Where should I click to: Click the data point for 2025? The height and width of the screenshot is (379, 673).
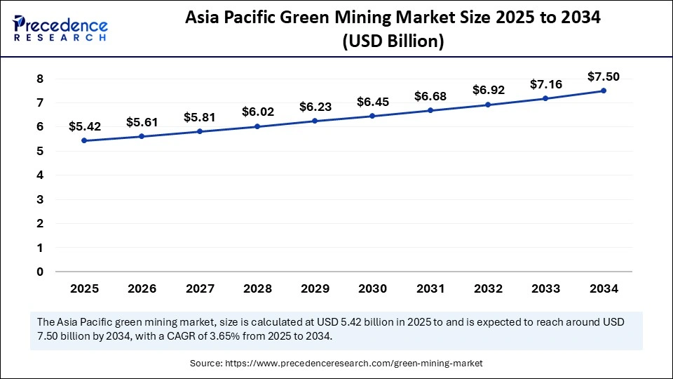pos(85,140)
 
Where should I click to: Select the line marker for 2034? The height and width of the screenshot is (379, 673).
pos(604,91)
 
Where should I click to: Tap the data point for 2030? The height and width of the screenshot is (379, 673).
pos(373,116)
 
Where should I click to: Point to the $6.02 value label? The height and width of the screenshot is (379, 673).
pos(257,112)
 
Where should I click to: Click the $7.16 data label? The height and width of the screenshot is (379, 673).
pos(546,84)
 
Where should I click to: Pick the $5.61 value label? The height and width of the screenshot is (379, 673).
pos(142,122)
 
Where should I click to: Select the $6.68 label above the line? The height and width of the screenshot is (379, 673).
pos(430,95)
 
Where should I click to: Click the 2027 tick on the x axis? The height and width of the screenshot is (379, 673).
pos(200,288)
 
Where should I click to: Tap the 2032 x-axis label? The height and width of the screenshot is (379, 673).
pos(488,288)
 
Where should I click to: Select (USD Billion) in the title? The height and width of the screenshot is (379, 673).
pos(393,42)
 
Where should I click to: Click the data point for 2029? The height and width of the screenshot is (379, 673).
pos(315,121)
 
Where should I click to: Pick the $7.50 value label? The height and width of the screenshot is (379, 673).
pos(604,77)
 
